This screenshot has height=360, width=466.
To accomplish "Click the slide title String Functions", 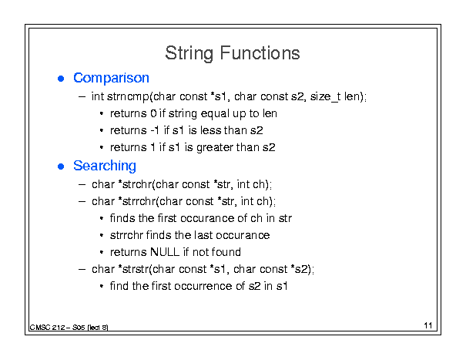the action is tap(233, 53).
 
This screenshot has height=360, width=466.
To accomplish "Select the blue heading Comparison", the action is tap(111, 79).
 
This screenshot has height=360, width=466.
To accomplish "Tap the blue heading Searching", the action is tap(105, 166).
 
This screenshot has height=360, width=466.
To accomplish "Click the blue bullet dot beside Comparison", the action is tap(61, 79).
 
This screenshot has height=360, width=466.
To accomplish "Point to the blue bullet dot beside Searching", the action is tap(61, 167).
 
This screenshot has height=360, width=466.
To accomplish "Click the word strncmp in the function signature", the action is tap(128, 97).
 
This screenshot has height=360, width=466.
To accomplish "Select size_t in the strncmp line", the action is tap(325, 97).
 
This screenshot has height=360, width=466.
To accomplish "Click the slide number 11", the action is tap(428, 325).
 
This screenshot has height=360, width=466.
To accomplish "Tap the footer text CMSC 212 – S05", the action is tap(57, 328).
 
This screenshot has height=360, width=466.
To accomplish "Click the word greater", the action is tap(215, 148).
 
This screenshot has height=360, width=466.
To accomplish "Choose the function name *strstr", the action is tap(133, 269).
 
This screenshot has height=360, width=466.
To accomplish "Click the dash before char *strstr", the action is tap(82, 269).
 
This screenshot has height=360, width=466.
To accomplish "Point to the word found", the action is tap(226, 252).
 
